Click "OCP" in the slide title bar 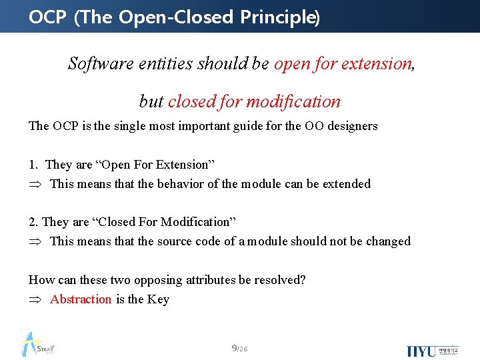click(48, 17)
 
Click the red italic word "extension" click(376, 63)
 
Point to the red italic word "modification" click(293, 101)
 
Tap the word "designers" click(352, 126)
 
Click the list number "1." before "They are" click(33, 165)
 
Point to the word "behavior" click(179, 184)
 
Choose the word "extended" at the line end click(347, 184)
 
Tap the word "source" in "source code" click(176, 241)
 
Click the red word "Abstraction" click(81, 299)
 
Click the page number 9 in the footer click(234, 348)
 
